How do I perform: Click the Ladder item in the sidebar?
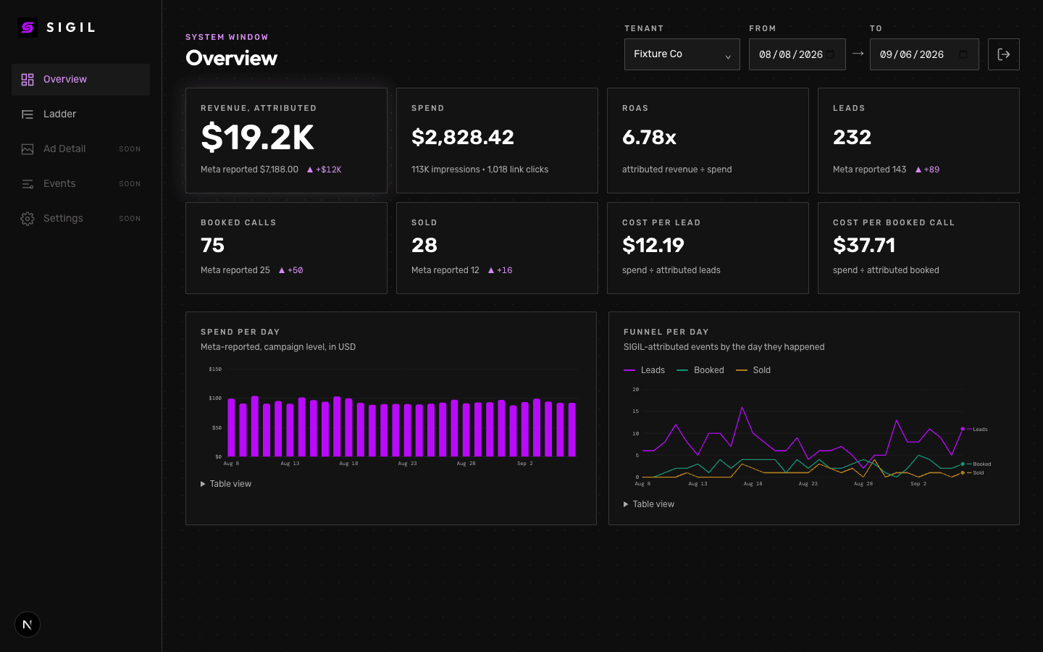pos(59,114)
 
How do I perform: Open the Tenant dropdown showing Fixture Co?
pos(682,54)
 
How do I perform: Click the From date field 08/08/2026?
pos(797,54)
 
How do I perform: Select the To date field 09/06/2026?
pos(924,54)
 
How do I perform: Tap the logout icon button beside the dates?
pos(1004,54)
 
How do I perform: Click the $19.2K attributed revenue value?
pos(258,138)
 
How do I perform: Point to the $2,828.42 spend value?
pos(462,138)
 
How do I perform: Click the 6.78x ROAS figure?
pos(649,138)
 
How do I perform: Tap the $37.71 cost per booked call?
pos(863,246)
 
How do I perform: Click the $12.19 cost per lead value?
pos(653,246)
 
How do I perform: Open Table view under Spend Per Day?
pos(226,484)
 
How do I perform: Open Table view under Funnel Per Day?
pos(649,504)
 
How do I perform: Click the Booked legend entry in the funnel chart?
pos(700,370)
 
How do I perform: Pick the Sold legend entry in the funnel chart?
pos(753,370)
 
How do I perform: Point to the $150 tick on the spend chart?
pos(215,369)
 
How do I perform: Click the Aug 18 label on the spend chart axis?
pos(348,464)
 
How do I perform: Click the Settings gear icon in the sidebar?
pos(28,219)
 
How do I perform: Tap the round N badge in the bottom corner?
pos(28,624)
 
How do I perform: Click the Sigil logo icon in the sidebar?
pos(28,28)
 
